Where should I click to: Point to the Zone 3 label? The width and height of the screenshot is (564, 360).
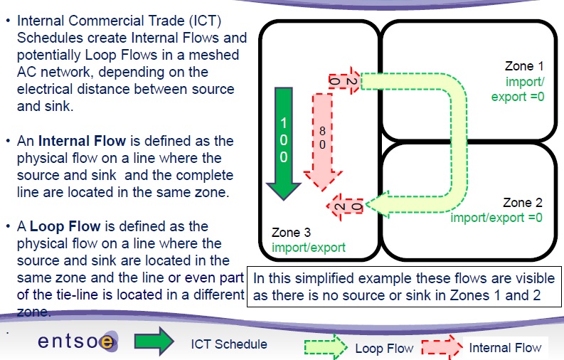[x=292, y=233]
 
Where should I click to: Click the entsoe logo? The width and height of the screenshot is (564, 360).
[x=75, y=342]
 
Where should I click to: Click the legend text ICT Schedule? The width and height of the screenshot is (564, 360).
[x=229, y=344]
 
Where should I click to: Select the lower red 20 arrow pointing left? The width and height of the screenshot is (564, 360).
[x=344, y=207]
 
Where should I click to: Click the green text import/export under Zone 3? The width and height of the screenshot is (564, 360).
[x=308, y=248]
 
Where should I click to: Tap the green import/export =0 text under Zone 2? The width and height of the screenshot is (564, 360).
[x=496, y=217]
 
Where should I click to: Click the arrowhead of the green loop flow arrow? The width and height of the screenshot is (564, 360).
[x=380, y=205]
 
